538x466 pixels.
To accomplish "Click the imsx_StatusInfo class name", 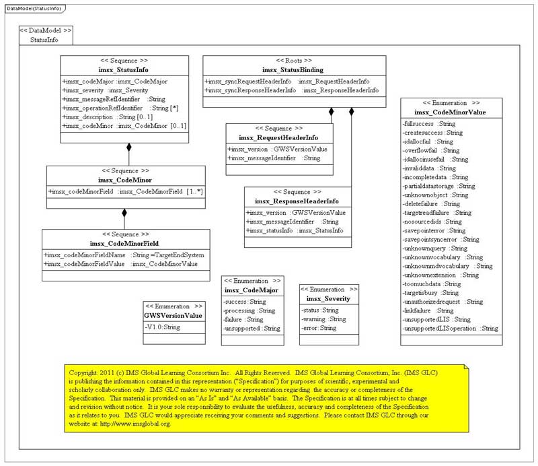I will coord(124,70).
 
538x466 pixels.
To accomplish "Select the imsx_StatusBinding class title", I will coord(293,70).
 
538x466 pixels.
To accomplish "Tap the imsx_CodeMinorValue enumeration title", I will coord(450,112).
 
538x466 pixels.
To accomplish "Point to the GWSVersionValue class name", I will coord(173,314).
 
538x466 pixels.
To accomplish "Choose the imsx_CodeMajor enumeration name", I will coord(252,290).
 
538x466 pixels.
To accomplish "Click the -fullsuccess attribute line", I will coord(428,124).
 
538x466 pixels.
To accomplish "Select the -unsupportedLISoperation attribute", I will coord(450,328).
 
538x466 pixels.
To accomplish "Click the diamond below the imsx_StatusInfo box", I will coord(129,147).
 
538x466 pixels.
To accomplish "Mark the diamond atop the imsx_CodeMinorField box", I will coord(124,213).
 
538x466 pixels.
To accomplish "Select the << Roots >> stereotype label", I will coord(293,60).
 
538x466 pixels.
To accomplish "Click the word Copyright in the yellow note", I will coord(85,372).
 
